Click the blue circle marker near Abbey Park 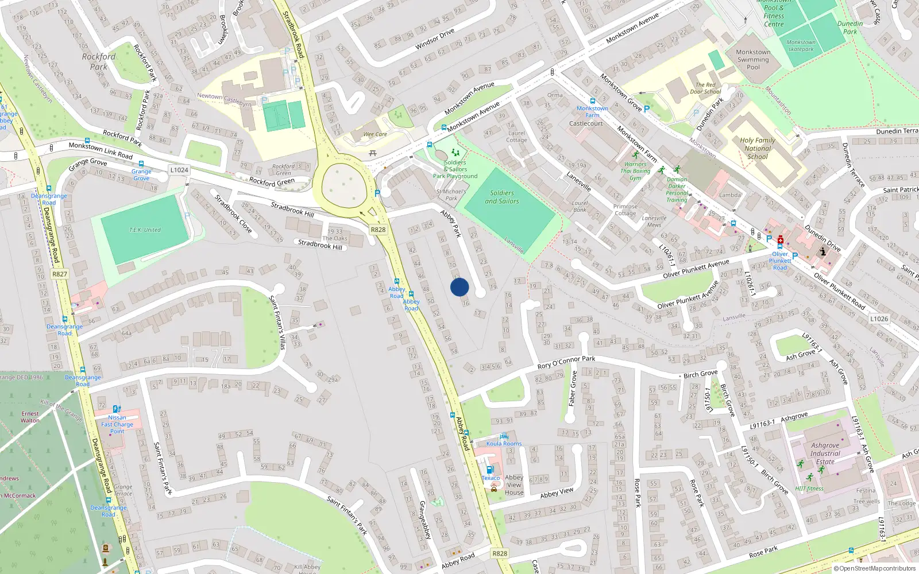[459, 287]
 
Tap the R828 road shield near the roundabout [378, 230]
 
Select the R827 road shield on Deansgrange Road [60, 274]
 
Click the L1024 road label [179, 170]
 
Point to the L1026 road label [879, 319]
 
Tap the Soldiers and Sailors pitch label [502, 197]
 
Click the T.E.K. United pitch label [145, 230]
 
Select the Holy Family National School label [757, 148]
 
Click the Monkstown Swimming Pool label [753, 59]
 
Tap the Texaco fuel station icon [490, 470]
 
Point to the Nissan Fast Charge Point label [117, 424]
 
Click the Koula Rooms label [504, 443]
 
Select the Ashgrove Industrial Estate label [825, 453]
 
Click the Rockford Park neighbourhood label [99, 61]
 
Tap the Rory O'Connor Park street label [566, 362]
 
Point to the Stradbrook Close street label [233, 214]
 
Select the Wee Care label [375, 134]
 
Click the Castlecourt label [586, 123]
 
